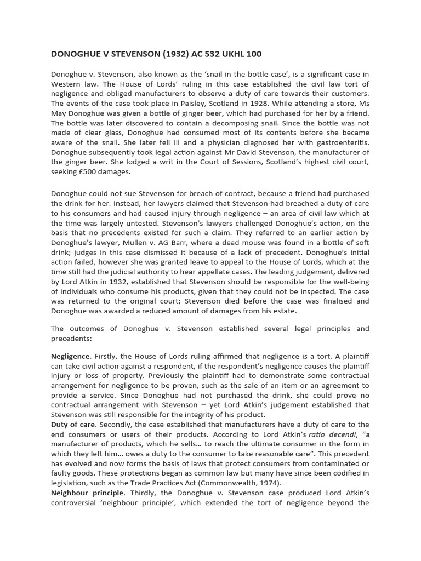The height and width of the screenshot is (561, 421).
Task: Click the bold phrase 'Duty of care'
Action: [x=73, y=424]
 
